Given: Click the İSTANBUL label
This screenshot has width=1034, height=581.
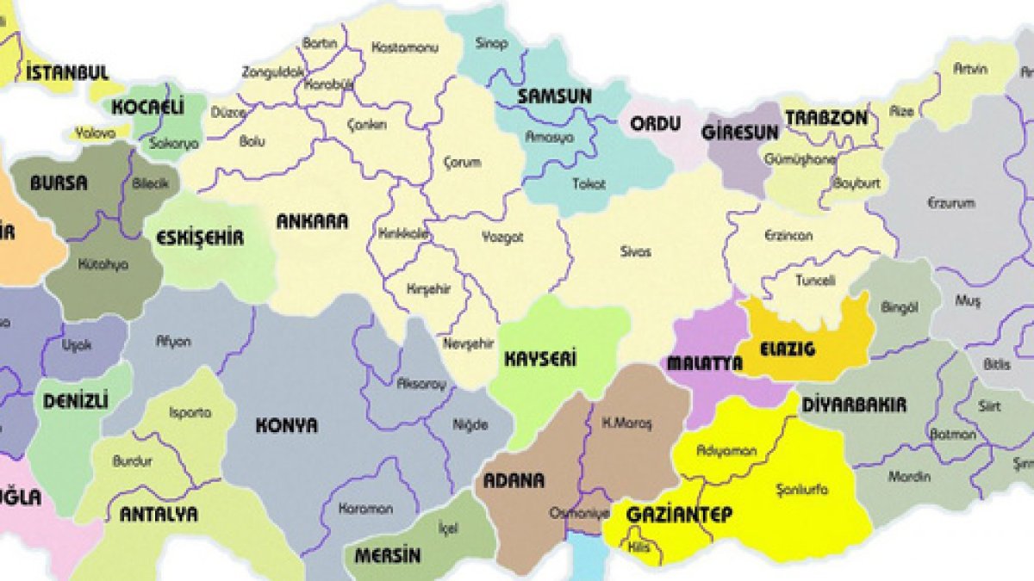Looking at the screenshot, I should point(67,72).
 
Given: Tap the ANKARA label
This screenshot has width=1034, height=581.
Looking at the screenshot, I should point(312,221).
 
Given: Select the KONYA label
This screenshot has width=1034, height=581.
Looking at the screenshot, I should point(287,425).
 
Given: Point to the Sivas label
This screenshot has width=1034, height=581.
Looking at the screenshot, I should point(636,252).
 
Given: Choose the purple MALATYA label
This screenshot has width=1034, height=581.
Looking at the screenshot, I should point(704,363).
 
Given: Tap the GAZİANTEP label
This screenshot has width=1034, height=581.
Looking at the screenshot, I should point(679,515).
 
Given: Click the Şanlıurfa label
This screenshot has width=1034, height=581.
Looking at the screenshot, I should point(802,489).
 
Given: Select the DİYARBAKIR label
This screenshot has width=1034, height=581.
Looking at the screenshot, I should point(853,404).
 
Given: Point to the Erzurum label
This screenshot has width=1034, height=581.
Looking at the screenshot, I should point(951,203).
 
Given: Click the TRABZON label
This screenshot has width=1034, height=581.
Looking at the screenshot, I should point(825,118).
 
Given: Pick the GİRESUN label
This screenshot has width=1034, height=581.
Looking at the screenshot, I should point(740,132).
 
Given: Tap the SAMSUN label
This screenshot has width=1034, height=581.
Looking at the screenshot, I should point(554,96).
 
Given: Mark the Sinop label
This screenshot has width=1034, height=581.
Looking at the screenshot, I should point(492,43).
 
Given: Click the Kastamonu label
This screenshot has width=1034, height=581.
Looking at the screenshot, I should point(404,47).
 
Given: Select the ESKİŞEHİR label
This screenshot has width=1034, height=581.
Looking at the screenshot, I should point(200,238).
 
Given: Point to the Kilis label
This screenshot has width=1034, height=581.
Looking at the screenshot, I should point(638,547).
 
